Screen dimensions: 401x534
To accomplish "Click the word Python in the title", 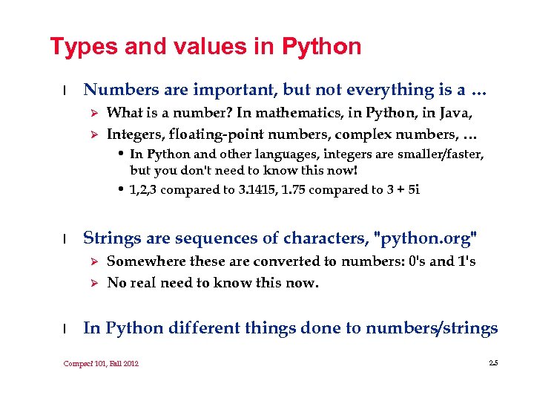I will (321, 47).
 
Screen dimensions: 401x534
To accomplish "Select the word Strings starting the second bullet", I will (111, 238).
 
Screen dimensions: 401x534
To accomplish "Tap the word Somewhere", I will (145, 261).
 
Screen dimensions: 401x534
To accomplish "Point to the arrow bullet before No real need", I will (93, 283).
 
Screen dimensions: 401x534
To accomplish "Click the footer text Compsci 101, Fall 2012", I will (101, 363).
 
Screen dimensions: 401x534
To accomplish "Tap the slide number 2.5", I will (494, 362).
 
